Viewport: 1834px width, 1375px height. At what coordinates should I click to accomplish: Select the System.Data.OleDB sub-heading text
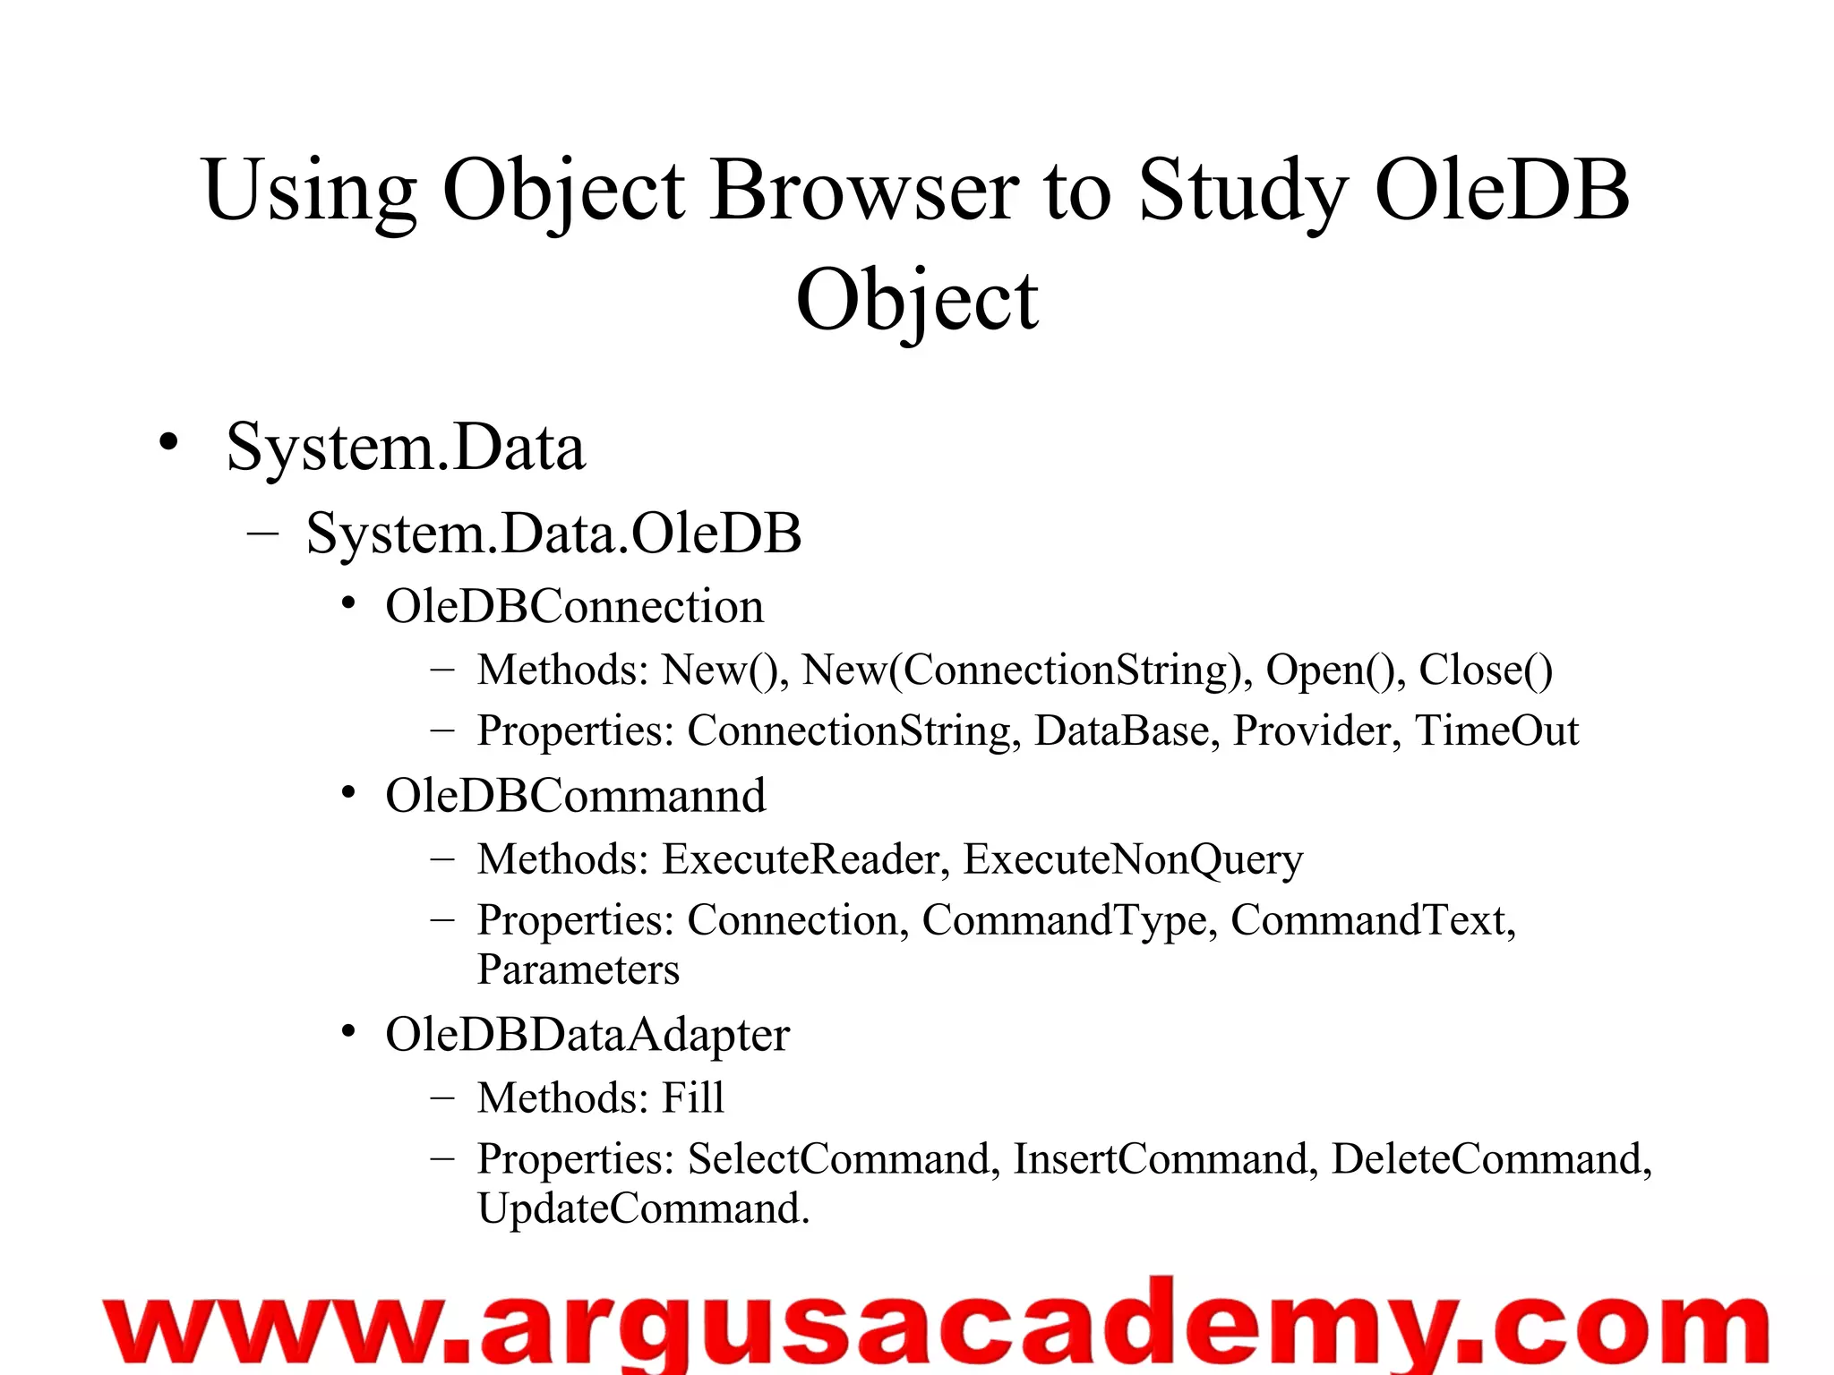coord(553,534)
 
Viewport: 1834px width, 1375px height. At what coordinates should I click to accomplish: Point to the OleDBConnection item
coord(574,607)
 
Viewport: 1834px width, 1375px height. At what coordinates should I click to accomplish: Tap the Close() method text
coord(1486,670)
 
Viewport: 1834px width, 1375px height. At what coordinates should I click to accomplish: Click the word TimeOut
coord(1496,730)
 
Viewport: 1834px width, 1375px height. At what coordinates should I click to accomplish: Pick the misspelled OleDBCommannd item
coord(575,796)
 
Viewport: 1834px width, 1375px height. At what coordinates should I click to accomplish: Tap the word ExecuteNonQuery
coord(1133,859)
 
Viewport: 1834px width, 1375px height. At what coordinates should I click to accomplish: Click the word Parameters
coord(578,969)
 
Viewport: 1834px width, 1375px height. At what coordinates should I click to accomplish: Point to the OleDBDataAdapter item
coord(587,1035)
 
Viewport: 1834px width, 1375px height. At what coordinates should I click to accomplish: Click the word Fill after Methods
coord(692,1097)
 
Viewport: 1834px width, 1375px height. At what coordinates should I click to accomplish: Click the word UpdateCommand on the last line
coord(642,1208)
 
